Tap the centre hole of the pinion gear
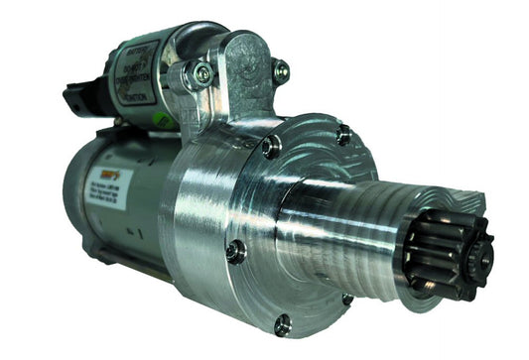(483, 261)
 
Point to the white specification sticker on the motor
(120, 194)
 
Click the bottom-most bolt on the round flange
(282, 322)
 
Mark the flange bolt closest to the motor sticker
(234, 252)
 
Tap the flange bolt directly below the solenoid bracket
(270, 148)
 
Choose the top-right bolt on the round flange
(342, 134)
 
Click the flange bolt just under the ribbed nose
(348, 299)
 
